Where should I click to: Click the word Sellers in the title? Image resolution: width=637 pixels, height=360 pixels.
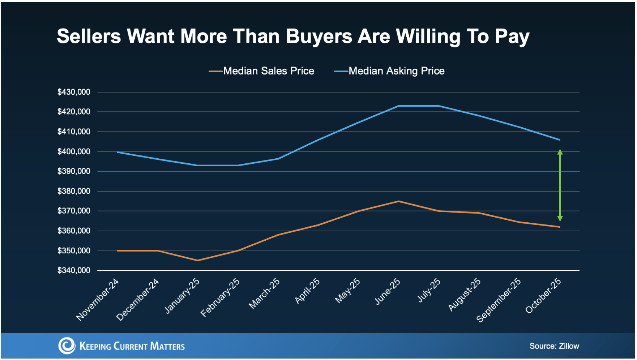click(89, 37)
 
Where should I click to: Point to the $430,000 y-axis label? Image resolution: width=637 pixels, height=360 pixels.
click(74, 92)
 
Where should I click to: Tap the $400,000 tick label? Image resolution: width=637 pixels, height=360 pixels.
click(74, 151)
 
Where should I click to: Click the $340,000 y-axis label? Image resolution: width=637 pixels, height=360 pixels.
click(74, 270)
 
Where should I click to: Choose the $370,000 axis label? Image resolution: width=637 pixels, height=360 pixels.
click(74, 211)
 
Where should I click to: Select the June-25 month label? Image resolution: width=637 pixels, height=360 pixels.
click(388, 291)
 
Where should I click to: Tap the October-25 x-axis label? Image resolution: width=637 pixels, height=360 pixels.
click(543, 295)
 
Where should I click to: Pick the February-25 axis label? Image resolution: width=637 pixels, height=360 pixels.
click(221, 297)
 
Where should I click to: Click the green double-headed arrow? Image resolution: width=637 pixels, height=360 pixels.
click(560, 185)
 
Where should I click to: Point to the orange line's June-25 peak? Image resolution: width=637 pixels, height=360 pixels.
click(398, 201)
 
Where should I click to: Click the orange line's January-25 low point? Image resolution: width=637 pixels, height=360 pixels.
click(197, 260)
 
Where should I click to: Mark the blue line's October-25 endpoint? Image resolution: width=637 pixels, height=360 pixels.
click(559, 140)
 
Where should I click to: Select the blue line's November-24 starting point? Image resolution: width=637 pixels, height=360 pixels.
click(117, 152)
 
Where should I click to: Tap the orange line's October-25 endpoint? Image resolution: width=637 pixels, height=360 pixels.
click(559, 227)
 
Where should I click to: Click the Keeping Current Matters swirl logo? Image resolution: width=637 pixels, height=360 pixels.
click(67, 346)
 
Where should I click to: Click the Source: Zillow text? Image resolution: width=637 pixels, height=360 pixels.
click(554, 346)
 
